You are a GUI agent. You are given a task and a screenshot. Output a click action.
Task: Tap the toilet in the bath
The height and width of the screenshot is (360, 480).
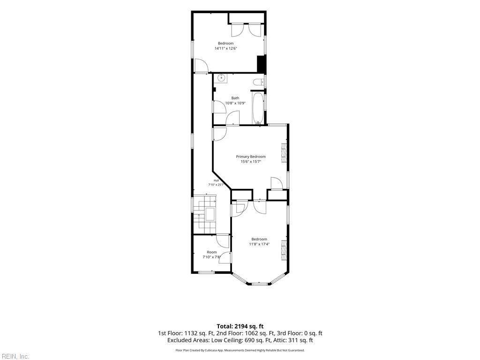[x=259, y=82]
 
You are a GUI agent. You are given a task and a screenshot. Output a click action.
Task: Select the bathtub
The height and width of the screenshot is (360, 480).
[x=258, y=108]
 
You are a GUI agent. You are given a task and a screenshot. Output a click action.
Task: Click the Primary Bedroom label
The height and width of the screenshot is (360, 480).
[x=251, y=157]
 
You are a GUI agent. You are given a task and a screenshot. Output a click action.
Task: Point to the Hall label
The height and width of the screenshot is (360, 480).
[x=216, y=180]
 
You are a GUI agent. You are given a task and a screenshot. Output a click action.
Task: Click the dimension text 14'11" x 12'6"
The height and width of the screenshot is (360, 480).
[x=226, y=48]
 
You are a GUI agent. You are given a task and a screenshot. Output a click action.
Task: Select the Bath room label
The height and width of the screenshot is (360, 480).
[x=235, y=98]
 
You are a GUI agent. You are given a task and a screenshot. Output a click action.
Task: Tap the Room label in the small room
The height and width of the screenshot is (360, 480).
[x=211, y=252]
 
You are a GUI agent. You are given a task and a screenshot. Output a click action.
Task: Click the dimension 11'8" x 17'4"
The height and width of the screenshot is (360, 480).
[x=259, y=244]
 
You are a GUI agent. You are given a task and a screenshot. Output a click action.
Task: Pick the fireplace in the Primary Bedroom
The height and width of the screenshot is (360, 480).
[x=284, y=152]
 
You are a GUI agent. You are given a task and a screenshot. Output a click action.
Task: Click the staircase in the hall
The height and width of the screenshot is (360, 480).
[x=205, y=214]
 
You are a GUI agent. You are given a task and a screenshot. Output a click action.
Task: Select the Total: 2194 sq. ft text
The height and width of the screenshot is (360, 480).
[x=240, y=326]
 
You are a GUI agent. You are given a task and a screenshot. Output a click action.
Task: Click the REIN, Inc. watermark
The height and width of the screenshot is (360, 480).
[x=15, y=356]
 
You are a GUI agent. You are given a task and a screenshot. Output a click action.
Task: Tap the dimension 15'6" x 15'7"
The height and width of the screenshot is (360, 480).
[x=251, y=162]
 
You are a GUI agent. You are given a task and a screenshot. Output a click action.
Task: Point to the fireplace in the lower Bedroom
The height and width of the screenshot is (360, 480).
[x=284, y=250]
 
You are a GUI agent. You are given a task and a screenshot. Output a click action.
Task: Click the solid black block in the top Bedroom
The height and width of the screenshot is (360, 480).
[x=261, y=64]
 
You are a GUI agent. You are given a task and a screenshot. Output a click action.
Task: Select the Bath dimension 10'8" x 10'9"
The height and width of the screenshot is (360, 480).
[x=235, y=103]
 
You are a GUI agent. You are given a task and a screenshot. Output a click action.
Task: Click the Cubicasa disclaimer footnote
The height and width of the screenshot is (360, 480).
[x=240, y=350]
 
